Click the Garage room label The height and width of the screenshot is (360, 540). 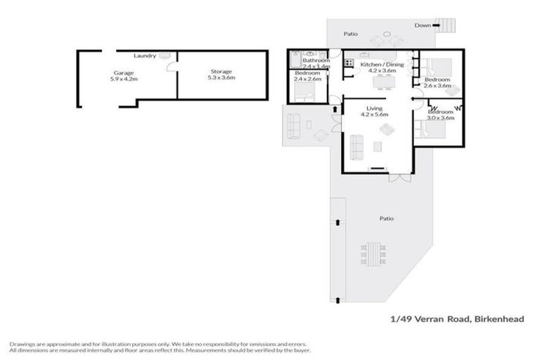(x=124, y=72)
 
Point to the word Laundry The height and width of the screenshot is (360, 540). (x=145, y=56)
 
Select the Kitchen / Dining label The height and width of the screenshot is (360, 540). (x=382, y=65)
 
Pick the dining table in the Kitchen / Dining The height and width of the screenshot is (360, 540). (x=384, y=82)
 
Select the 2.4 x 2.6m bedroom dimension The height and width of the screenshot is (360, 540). (x=307, y=79)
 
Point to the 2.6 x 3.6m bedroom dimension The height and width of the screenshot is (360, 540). (x=437, y=86)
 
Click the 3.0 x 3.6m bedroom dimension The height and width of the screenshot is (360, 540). (x=441, y=117)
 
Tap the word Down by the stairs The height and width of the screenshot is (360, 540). (x=423, y=25)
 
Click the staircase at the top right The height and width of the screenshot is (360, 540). (x=446, y=26)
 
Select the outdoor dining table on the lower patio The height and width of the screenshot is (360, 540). (x=373, y=254)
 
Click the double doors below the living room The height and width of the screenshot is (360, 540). (x=398, y=177)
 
